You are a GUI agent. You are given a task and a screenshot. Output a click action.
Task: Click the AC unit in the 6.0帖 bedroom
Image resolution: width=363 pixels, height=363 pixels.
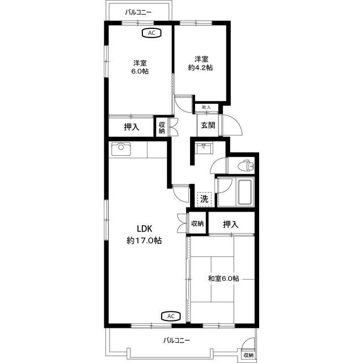point(151,33)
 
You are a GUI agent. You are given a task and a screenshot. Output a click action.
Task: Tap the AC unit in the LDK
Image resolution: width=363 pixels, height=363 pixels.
point(171,316)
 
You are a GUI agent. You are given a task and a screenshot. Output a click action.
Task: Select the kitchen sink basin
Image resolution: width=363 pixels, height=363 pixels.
point(121,149)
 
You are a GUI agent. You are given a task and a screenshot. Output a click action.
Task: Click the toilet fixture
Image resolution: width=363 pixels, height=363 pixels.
point(246,166)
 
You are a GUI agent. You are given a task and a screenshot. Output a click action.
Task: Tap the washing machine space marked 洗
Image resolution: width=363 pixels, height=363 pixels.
point(204,199)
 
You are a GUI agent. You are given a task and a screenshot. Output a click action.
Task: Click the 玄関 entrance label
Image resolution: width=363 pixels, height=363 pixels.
point(208,125)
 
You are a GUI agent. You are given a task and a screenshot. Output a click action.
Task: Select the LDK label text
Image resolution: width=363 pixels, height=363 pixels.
point(145,229)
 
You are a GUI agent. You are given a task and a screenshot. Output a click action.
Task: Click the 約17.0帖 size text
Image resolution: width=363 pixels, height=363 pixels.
point(144,240)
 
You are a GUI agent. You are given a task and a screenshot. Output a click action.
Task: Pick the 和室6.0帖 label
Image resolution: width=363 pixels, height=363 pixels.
point(223,278)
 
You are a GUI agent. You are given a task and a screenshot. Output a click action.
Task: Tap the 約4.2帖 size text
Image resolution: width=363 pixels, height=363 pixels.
point(200,67)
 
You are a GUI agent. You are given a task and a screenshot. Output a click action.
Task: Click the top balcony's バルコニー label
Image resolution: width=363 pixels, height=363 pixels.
point(138,12)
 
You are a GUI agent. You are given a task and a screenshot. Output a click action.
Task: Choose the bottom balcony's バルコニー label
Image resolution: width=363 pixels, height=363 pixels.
point(176,340)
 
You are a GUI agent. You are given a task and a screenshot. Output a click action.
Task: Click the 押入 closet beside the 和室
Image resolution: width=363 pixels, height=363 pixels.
point(231,224)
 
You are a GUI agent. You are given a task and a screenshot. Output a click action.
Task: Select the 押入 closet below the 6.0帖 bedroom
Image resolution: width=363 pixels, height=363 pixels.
point(132,127)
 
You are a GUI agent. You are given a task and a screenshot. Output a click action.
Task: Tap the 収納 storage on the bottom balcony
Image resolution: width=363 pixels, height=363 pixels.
point(248,355)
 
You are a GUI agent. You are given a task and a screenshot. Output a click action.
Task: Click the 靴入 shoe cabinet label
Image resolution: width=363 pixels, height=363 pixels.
point(206,107)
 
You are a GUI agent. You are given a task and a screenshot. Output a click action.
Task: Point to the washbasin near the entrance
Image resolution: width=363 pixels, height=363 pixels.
point(204,148)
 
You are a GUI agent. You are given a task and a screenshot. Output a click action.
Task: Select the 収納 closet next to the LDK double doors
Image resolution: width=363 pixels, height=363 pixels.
point(197,223)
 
